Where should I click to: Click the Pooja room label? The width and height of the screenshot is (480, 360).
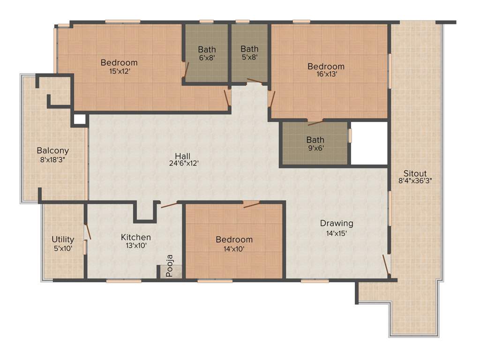click(x=170, y=266)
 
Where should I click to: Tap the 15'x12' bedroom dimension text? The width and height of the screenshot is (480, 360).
click(x=119, y=71)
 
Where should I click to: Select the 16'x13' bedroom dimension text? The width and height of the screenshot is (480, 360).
click(x=326, y=74)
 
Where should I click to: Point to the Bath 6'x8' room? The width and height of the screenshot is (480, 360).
click(x=207, y=53)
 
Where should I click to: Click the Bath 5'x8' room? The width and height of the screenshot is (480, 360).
click(x=249, y=52)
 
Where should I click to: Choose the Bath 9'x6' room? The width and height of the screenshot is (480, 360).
click(x=315, y=143)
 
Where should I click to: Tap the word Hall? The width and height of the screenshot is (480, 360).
click(x=182, y=156)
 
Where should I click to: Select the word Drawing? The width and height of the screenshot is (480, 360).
click(x=337, y=223)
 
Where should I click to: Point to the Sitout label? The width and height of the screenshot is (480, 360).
click(x=415, y=173)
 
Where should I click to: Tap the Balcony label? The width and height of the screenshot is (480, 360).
click(x=53, y=151)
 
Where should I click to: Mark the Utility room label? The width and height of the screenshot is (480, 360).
click(x=62, y=240)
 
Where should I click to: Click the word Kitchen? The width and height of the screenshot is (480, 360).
click(x=136, y=237)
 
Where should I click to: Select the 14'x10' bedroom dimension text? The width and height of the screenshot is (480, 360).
click(x=234, y=248)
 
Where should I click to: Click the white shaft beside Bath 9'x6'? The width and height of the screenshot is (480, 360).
click(x=369, y=143)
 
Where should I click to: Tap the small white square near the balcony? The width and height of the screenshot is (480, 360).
click(x=80, y=119)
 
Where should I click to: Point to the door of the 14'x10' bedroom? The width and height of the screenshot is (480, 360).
click(x=251, y=204)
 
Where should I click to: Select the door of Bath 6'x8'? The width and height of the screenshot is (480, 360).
click(x=186, y=70)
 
